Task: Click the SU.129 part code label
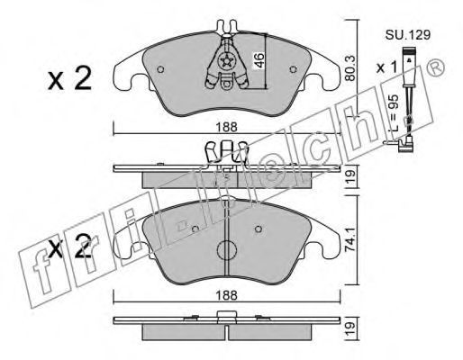[x=408, y=35]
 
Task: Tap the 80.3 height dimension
[x=350, y=68]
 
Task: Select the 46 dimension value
[x=259, y=60]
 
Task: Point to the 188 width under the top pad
[x=227, y=127]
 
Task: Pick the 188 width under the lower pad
[x=227, y=295]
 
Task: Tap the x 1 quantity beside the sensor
[x=387, y=67]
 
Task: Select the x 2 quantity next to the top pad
[x=69, y=78]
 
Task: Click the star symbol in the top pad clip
[x=226, y=61]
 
